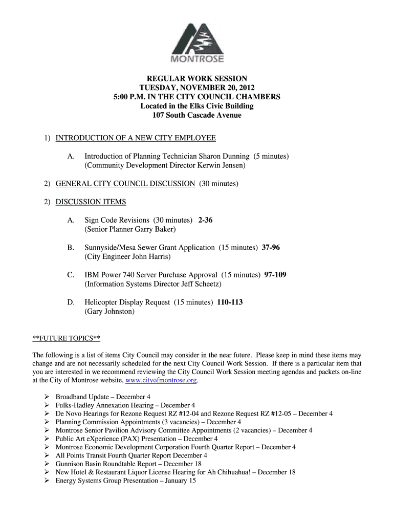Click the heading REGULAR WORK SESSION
pos(197,79)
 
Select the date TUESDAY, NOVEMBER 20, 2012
pos(197,88)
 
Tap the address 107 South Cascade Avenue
pos(197,115)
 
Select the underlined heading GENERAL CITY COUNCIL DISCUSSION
pos(125,183)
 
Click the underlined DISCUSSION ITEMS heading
pos(91,202)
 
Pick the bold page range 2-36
pos(205,220)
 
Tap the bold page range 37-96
pos(271,248)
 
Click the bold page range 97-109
pos(275,275)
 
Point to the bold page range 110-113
pos(230,302)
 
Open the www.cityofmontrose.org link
pos(161,381)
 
